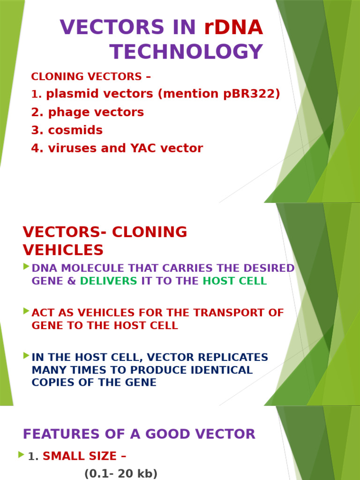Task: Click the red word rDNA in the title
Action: coord(233,28)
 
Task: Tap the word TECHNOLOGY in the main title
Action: coord(186,52)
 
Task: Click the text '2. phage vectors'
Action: coord(88,112)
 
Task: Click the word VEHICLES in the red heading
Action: coord(63,250)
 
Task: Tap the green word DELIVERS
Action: coord(109,281)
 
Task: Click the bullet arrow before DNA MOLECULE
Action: coord(26,267)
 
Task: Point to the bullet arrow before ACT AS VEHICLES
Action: coord(26,311)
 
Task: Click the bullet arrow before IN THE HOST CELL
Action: coord(26,355)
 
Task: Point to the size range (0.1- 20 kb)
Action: coord(121,474)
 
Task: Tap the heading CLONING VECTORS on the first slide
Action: coord(86,76)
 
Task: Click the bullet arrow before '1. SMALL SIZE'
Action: coord(21,454)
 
